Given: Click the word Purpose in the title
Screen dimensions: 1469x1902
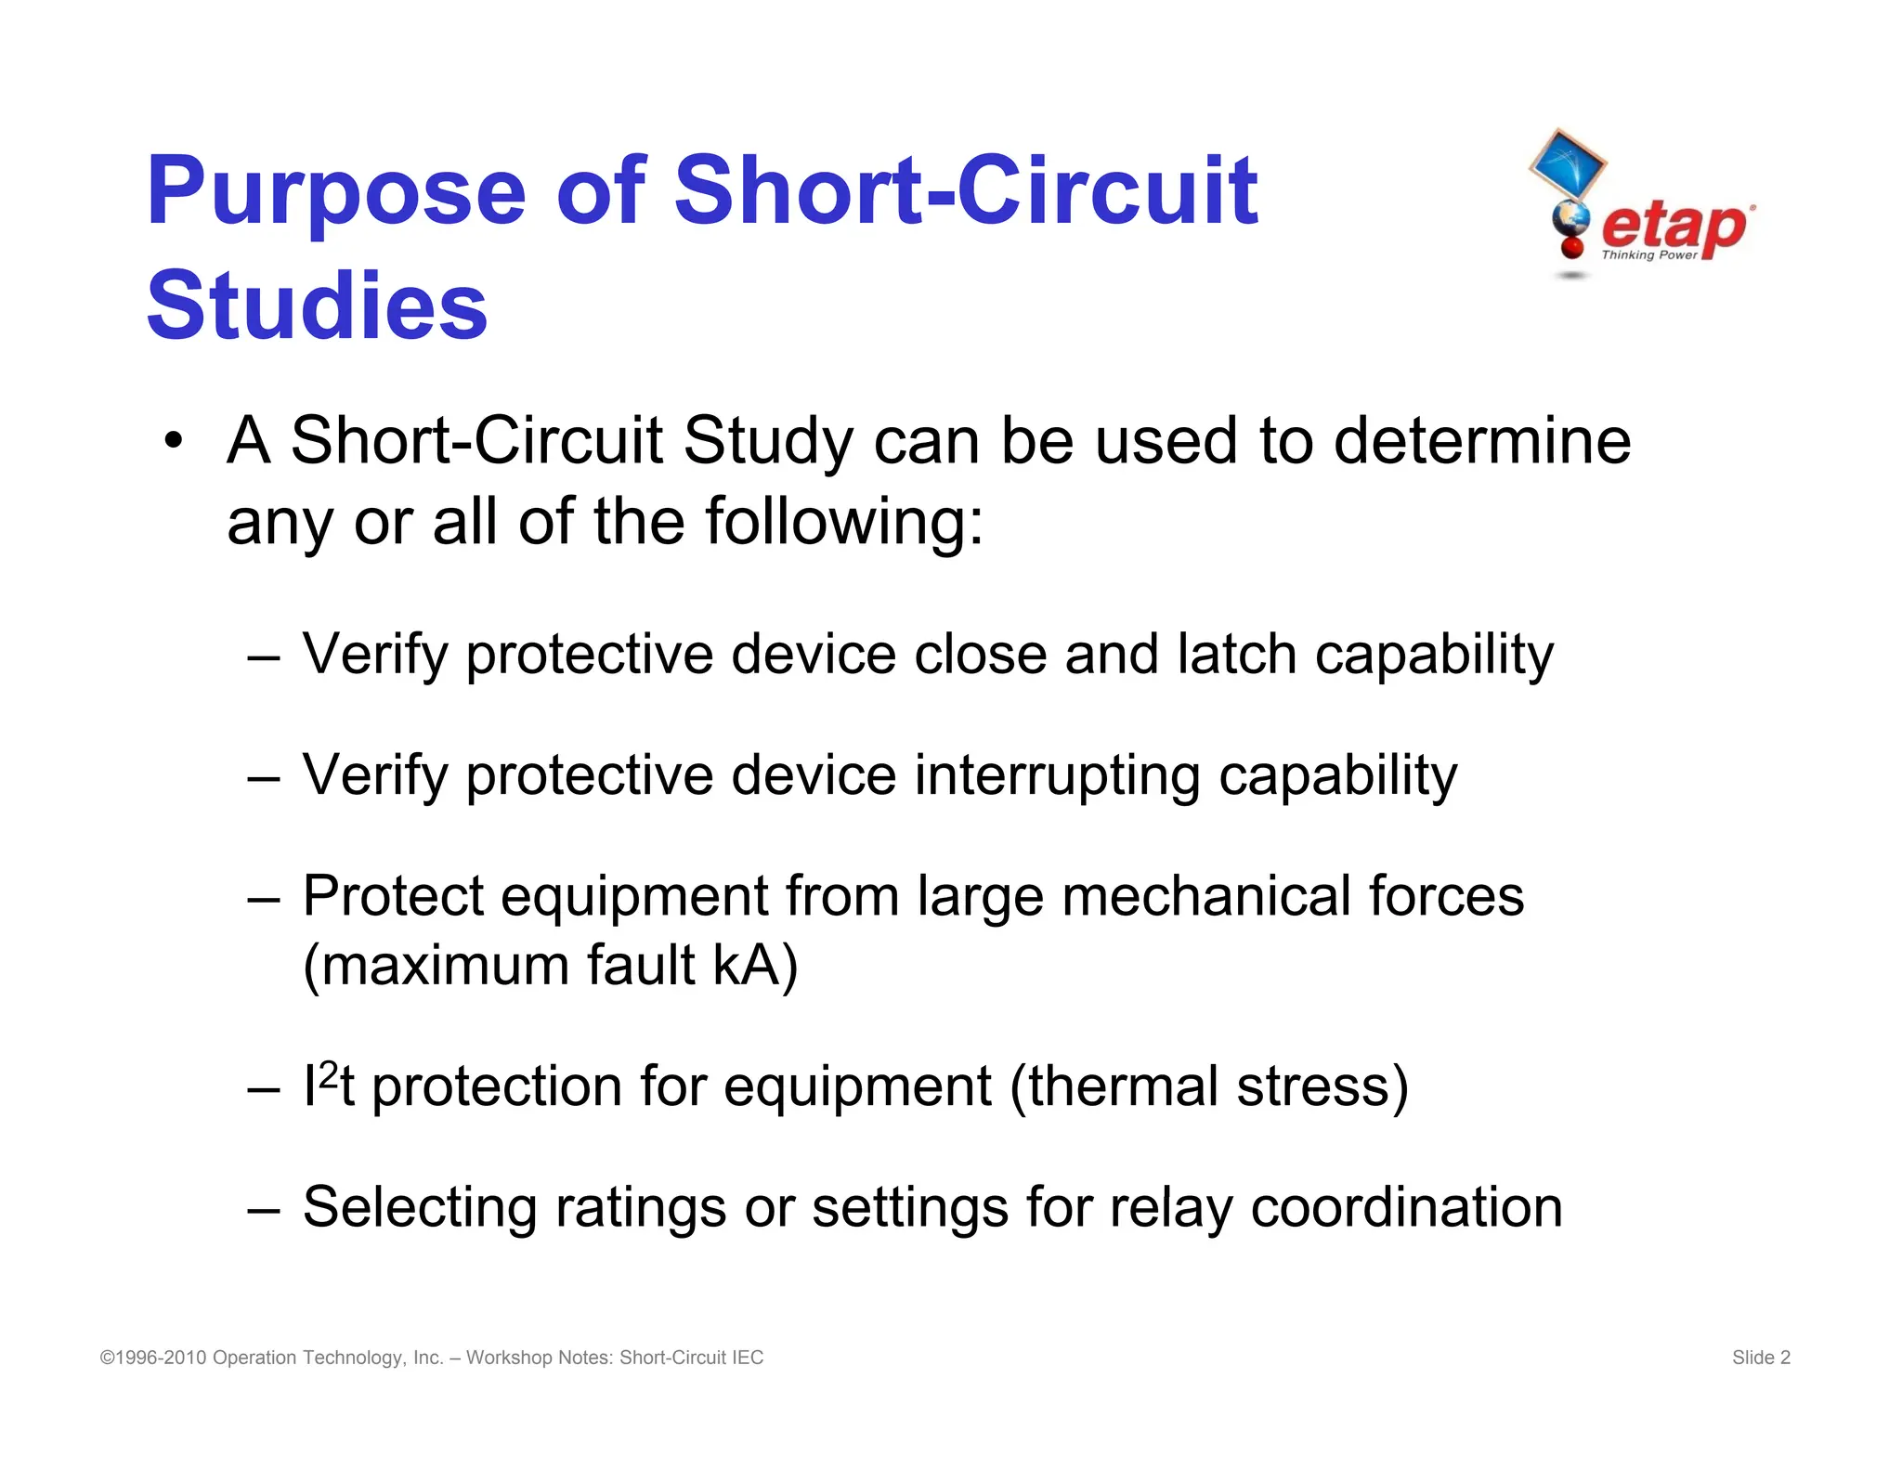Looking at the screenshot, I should (x=336, y=193).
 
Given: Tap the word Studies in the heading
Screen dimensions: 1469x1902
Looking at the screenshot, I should (x=317, y=306).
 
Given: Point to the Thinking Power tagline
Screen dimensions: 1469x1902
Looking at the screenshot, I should (x=1648, y=255).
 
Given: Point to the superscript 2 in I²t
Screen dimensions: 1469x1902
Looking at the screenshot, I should (x=328, y=1073).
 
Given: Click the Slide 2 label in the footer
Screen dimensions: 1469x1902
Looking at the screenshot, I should (x=1760, y=1358).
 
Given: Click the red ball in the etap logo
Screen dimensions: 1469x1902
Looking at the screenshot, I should (x=1572, y=247).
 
